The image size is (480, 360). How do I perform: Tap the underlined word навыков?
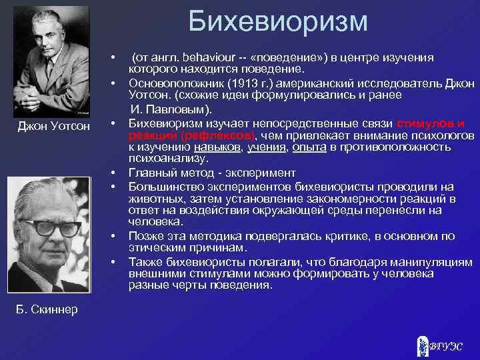click(x=215, y=147)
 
